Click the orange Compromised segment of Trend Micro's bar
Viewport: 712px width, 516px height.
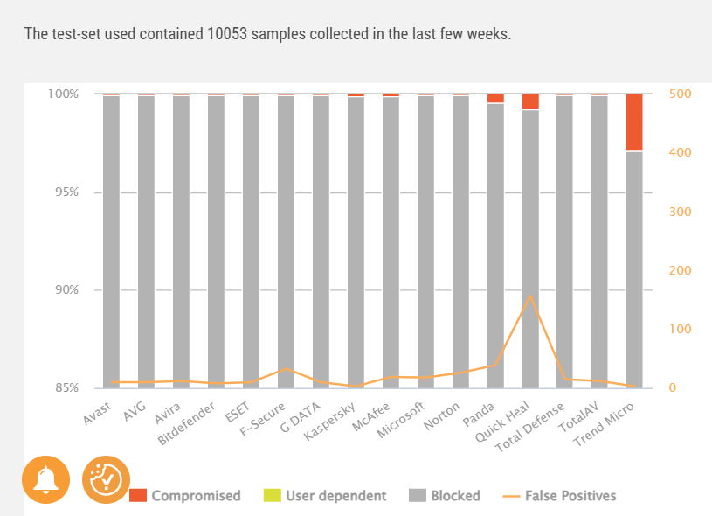[x=634, y=122]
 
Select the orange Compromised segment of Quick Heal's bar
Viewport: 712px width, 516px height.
[x=530, y=101]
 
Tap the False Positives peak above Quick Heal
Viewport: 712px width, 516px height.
[x=530, y=296]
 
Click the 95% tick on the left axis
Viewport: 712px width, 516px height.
[x=66, y=192]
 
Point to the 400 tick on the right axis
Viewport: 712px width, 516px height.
[x=681, y=152]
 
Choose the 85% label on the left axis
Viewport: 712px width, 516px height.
[x=66, y=387]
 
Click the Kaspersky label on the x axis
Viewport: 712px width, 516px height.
[x=329, y=421]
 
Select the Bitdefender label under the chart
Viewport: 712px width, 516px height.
[x=186, y=423]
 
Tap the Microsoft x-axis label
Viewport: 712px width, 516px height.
[x=401, y=420]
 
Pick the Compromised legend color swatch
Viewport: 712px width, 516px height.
[x=138, y=495]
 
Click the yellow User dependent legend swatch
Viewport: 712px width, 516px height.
[x=272, y=495]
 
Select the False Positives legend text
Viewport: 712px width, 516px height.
[x=570, y=496]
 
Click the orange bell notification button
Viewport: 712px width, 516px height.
[x=45, y=479]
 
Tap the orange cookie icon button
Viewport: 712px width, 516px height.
[x=106, y=479]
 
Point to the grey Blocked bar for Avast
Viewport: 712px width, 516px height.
[x=111, y=242]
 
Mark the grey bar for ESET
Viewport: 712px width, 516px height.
[x=251, y=242]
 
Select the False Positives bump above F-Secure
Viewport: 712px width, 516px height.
[x=286, y=369]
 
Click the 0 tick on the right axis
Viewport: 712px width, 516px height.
[x=673, y=387]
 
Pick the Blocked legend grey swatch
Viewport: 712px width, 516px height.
[x=418, y=495]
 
